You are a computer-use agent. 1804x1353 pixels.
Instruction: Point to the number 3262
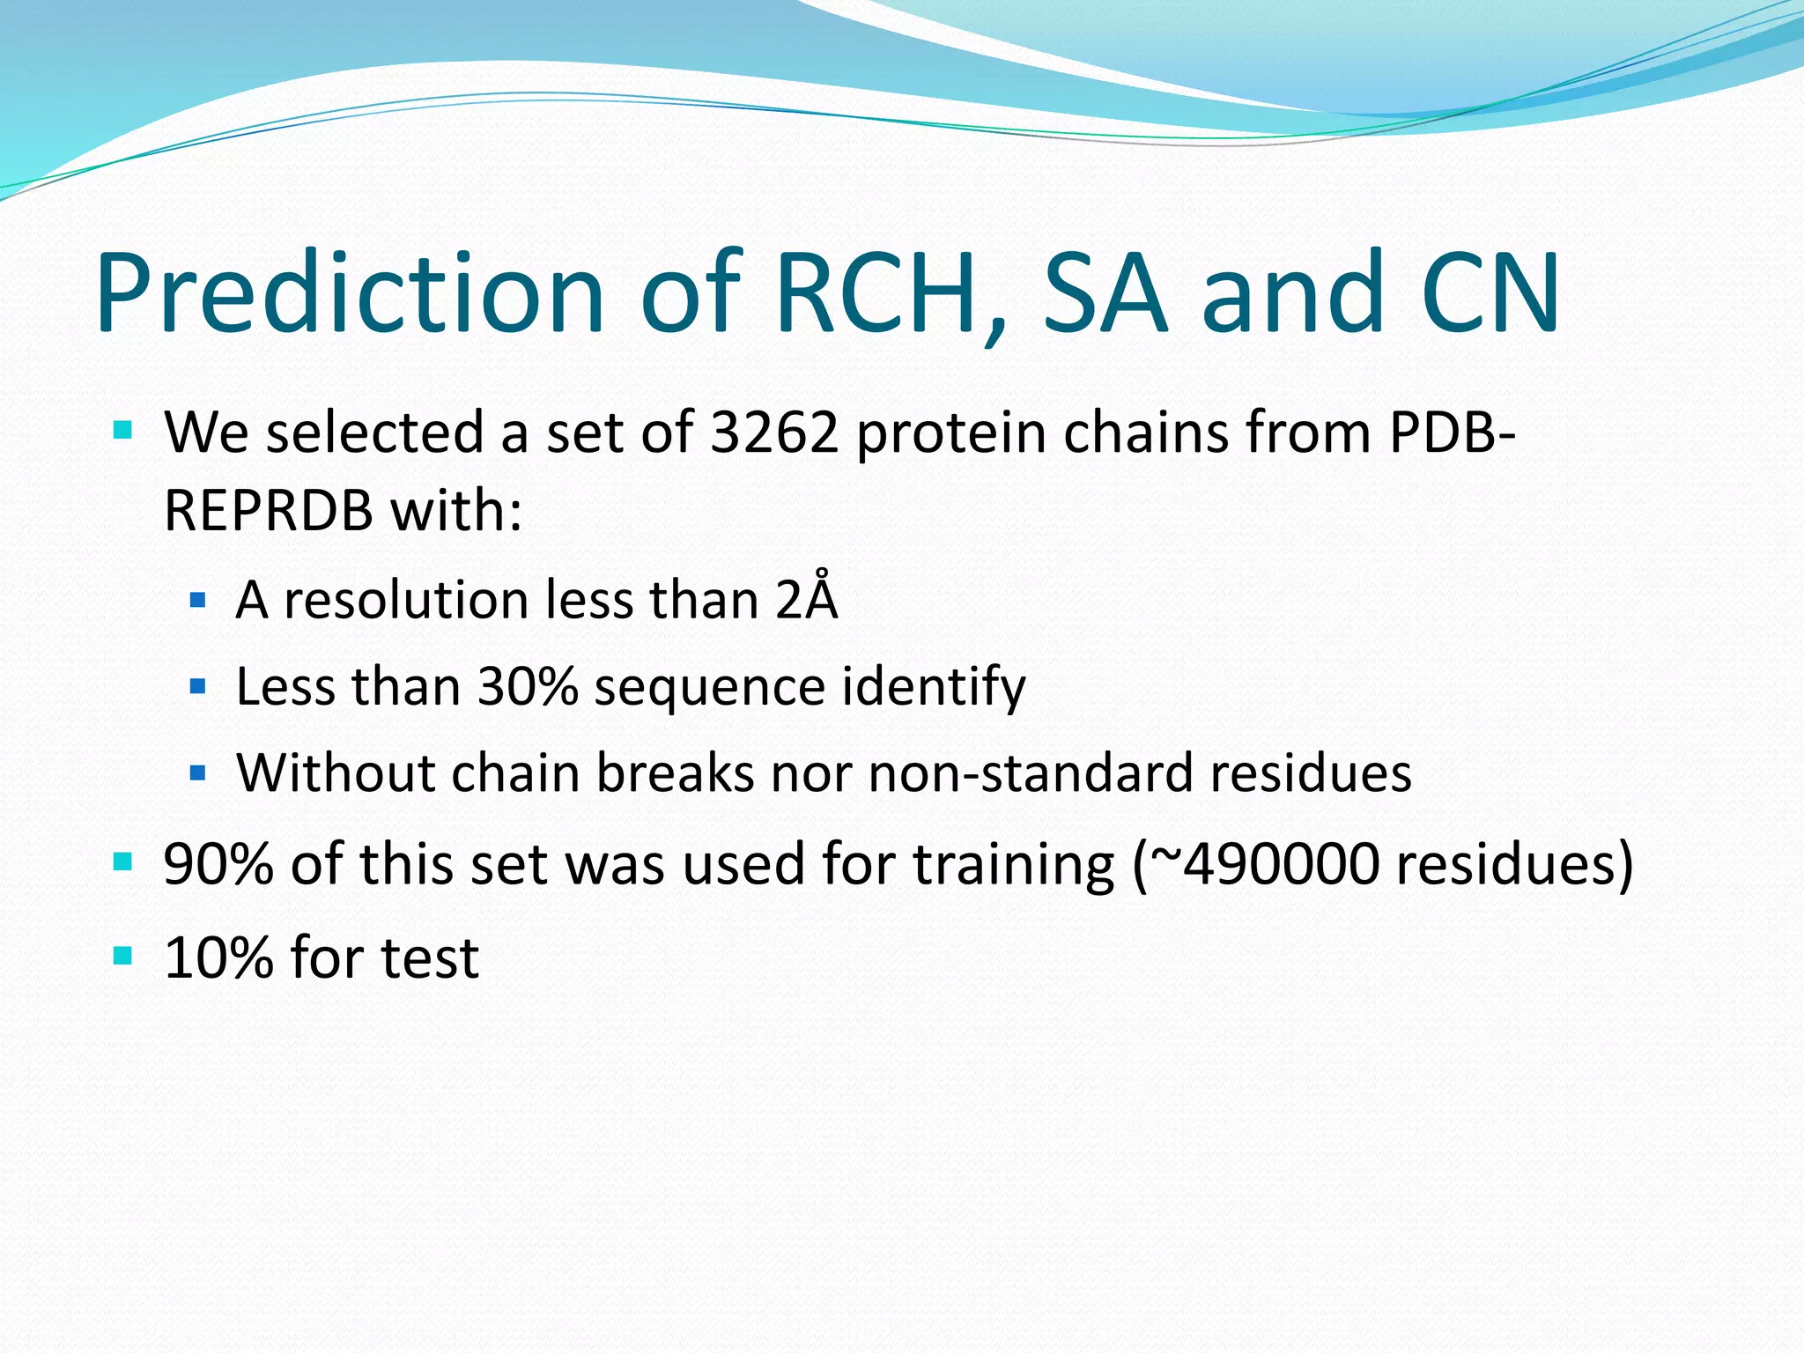[x=773, y=433]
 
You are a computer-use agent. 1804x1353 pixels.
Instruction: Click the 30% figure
[x=527, y=686]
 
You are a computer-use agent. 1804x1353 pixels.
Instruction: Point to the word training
[x=1014, y=865]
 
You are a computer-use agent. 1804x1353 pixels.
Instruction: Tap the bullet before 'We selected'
[x=122, y=431]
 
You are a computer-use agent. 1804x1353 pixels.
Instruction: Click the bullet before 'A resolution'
[x=197, y=601]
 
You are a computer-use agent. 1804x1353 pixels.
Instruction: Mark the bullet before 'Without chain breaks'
[x=197, y=773]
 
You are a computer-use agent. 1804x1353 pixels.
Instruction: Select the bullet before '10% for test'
[x=122, y=956]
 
